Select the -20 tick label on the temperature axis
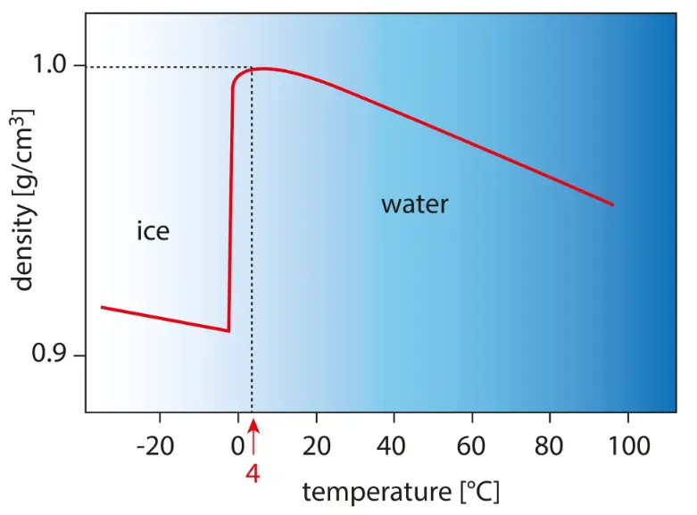point(158,445)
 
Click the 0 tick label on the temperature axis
point(237,445)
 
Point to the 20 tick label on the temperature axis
point(317,445)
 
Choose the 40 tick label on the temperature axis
point(394,445)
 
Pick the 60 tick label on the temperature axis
point(472,445)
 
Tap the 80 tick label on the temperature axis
point(550,445)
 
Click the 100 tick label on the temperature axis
point(629,445)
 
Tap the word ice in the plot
point(153,232)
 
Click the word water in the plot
point(414,205)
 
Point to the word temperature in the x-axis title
point(376,492)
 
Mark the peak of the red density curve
point(265,69)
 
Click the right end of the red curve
point(613,204)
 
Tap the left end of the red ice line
point(102,307)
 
